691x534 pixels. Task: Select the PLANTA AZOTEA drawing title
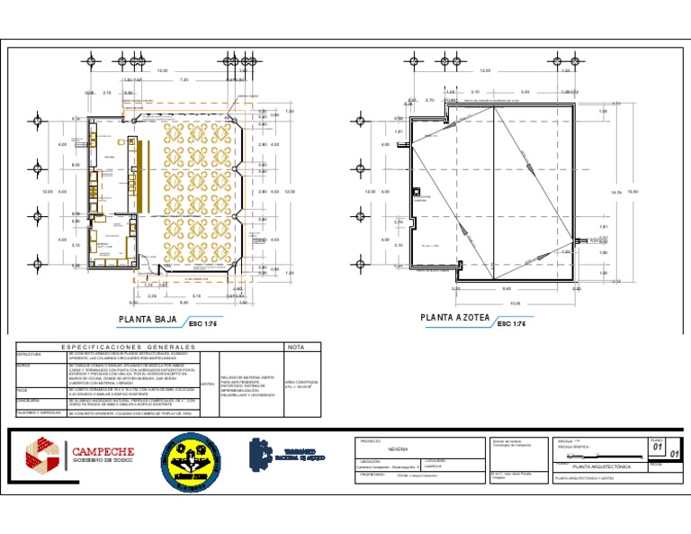point(455,319)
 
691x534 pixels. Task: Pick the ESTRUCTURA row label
point(29,356)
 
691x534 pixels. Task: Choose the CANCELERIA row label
point(31,401)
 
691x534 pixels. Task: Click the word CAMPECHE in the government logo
point(103,450)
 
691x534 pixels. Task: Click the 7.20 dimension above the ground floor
point(184,79)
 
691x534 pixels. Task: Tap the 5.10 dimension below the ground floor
point(196,295)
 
